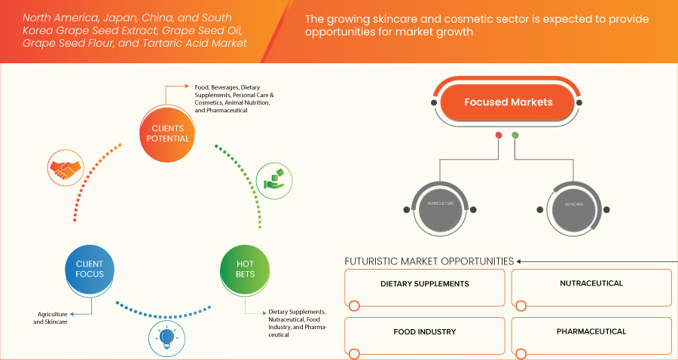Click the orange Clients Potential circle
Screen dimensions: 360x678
(x=167, y=133)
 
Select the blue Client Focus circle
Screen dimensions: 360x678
(x=90, y=269)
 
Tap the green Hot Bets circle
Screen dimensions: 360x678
(x=245, y=269)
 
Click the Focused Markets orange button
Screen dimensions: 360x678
(x=508, y=102)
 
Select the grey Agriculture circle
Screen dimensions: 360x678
(x=440, y=204)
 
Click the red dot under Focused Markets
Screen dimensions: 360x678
(x=499, y=136)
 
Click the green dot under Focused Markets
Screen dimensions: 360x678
(x=515, y=136)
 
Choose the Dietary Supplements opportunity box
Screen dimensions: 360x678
(x=425, y=287)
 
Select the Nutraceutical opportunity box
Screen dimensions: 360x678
(x=591, y=287)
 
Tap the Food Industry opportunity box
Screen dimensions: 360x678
(x=425, y=334)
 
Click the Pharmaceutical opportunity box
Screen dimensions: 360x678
(x=591, y=334)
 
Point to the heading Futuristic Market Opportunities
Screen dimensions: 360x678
(x=429, y=261)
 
